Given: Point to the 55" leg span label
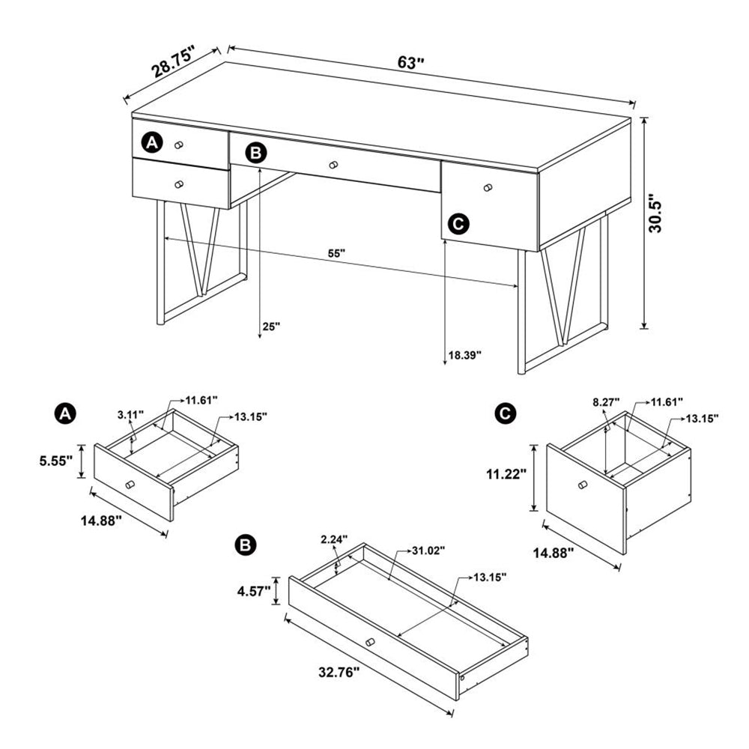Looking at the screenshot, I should point(336,253).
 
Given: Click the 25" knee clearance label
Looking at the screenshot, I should point(270,327).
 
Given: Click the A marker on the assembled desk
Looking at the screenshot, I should point(153,142).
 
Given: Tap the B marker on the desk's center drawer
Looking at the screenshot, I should point(256,153).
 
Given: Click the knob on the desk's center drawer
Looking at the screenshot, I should point(333,164).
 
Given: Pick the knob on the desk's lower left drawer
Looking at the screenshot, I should point(178,184).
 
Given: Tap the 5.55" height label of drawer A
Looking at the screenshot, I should point(57,462).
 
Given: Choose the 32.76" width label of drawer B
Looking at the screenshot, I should point(335,672).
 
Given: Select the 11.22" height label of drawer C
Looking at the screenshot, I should point(506,473).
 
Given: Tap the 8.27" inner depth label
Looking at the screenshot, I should point(606,402).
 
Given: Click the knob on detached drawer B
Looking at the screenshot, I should point(369,641).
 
